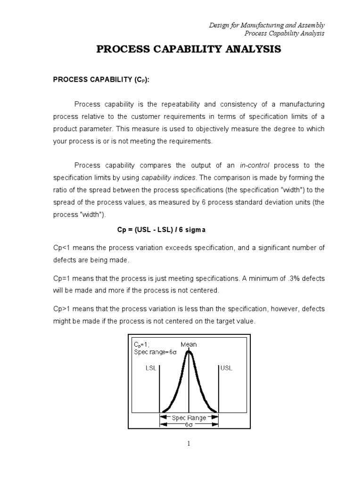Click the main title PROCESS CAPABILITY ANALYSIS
pos(189,50)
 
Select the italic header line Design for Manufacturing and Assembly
pos(267,25)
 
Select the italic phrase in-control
pos(256,165)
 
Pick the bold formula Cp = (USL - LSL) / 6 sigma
pos(161,229)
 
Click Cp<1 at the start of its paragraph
pos(61,248)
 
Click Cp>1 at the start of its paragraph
pos(61,308)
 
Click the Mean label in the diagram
pos(189,344)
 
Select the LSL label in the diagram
pos(150,368)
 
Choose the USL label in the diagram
pos(226,368)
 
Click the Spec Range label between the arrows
pos(189,418)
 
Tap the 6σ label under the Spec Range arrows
pos(189,425)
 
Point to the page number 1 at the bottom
pos(188,443)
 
